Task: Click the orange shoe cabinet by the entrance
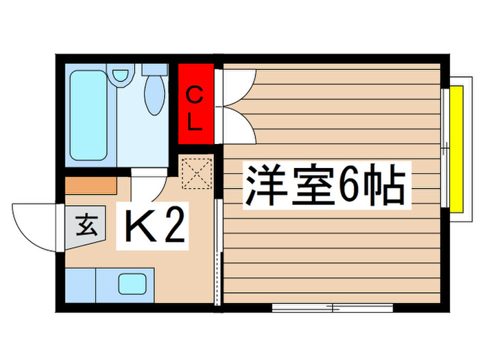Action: coord(91,185)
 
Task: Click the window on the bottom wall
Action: coord(333,307)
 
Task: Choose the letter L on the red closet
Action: coord(195,123)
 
